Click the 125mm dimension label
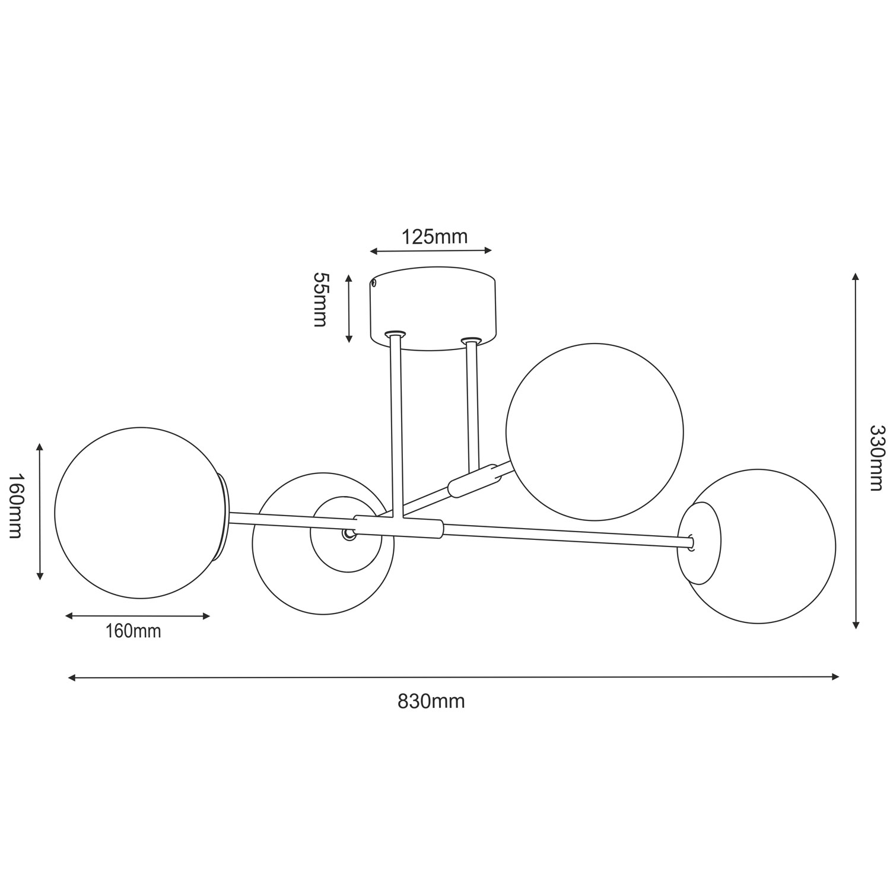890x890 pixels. (x=434, y=237)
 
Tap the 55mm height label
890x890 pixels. (x=320, y=300)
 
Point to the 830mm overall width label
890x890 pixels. (x=431, y=701)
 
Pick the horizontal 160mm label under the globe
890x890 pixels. (x=133, y=631)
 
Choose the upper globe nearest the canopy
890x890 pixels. (x=595, y=431)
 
